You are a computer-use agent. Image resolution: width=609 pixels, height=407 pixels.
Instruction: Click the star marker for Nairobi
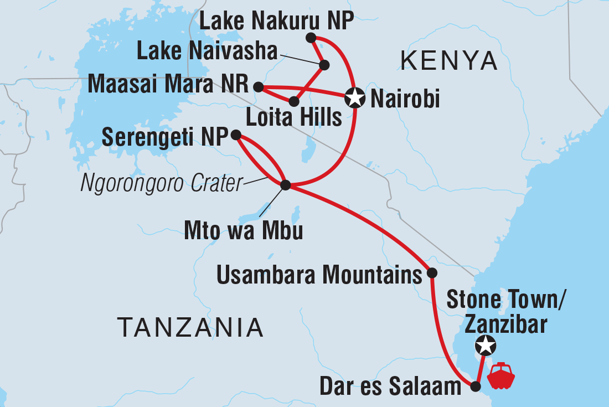point(354,98)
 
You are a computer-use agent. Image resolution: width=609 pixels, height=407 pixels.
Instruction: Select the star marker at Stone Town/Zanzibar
point(486,346)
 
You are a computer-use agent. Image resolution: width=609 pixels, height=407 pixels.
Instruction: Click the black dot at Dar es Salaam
point(475,387)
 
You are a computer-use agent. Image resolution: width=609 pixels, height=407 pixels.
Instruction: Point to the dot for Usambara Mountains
point(432,273)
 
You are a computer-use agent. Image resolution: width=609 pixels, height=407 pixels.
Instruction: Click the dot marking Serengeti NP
point(235,135)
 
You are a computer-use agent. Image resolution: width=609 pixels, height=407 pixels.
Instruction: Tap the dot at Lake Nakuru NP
point(311,38)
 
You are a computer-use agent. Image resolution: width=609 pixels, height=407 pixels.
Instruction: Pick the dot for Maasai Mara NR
point(258,86)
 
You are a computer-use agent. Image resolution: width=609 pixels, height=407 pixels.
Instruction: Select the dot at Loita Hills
point(294,101)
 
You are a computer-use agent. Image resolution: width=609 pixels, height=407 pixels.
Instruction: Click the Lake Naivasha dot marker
point(324,65)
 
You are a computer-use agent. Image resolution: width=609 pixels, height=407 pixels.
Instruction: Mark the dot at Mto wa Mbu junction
point(286,185)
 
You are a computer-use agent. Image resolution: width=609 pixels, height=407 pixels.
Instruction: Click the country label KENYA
point(450,60)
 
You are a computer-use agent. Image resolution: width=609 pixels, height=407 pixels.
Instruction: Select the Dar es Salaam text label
point(391,387)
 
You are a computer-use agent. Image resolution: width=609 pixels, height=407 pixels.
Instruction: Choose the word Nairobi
point(405,100)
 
